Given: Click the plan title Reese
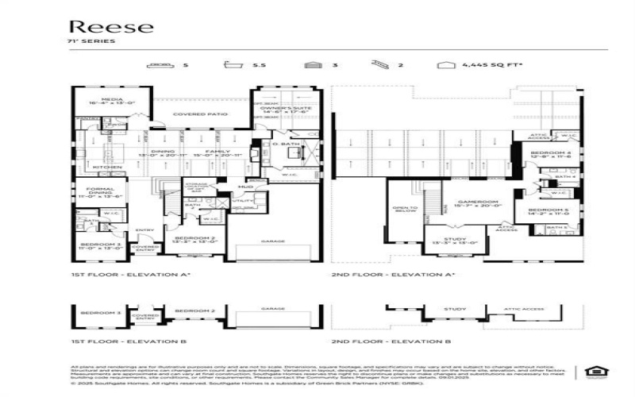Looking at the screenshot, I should click(x=111, y=26).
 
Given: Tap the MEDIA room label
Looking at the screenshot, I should click(x=100, y=100).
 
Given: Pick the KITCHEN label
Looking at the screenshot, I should click(x=107, y=168).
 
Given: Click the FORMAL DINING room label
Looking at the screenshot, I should click(x=101, y=192).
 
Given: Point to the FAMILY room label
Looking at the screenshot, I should click(x=217, y=152).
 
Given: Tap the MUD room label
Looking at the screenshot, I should click(x=247, y=187).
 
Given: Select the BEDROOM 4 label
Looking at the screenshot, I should click(x=551, y=153).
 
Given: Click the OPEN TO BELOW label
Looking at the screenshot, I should click(x=405, y=209).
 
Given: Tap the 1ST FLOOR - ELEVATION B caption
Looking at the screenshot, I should click(x=128, y=341).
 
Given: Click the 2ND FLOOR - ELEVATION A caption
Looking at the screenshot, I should click(x=392, y=275).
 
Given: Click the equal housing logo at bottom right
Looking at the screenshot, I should click(x=591, y=371).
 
